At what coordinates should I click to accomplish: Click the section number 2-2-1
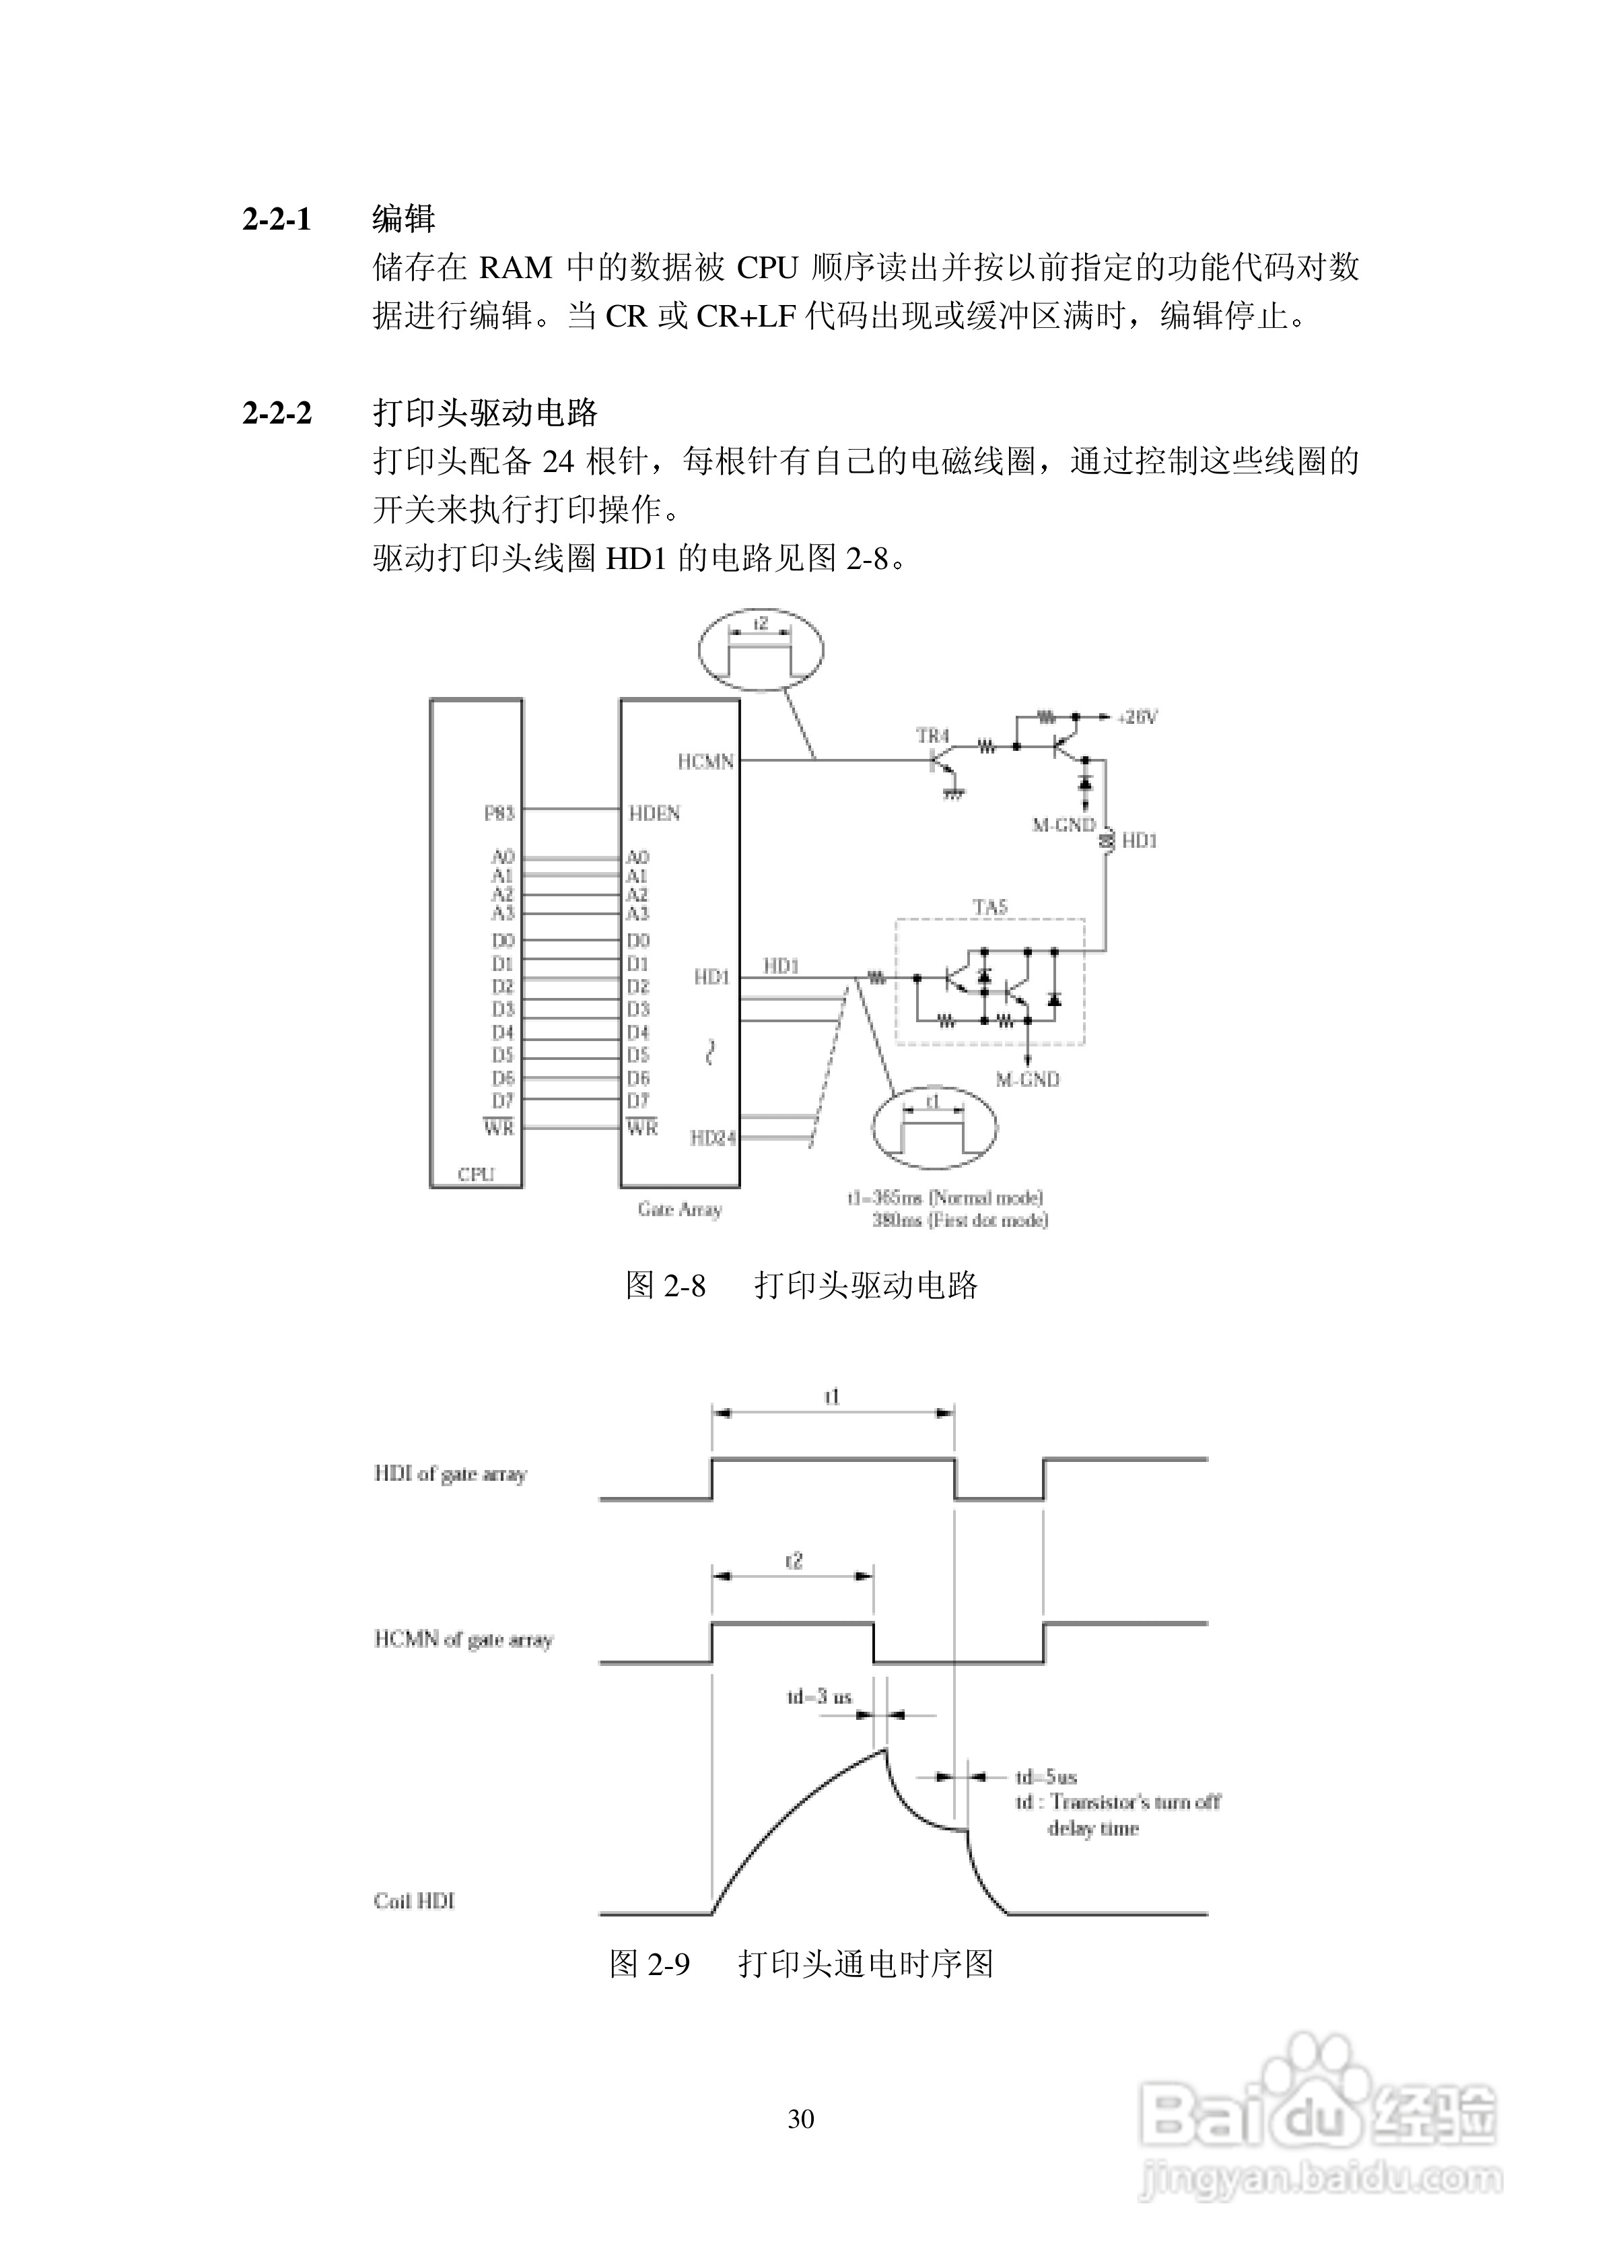[x=277, y=218]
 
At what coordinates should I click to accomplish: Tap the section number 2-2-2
[x=277, y=412]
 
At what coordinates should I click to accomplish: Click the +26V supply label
[x=1137, y=717]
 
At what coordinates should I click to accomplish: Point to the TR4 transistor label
[x=932, y=736]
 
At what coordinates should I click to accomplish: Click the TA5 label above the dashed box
[x=989, y=907]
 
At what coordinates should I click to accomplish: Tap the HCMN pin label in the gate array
[x=705, y=762]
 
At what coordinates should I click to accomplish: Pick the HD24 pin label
[x=712, y=1138]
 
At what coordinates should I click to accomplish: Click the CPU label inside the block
[x=475, y=1174]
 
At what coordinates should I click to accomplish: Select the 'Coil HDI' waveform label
[x=414, y=1900]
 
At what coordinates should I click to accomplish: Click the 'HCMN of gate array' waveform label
[x=463, y=1639]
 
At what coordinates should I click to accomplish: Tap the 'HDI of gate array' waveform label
[x=450, y=1474]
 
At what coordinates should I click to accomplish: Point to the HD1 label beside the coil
[x=1139, y=840]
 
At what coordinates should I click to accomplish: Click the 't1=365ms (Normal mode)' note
[x=945, y=1197]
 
